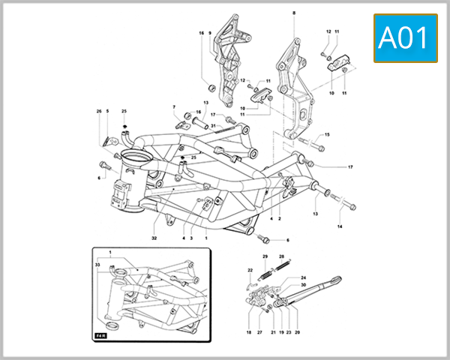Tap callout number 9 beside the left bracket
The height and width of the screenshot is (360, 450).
210,33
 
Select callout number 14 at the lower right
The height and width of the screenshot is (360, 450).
339,226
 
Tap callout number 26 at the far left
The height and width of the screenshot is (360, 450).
98,112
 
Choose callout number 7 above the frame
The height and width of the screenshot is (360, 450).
174,106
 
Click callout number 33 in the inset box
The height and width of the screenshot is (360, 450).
97,265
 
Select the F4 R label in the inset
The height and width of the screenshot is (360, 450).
100,335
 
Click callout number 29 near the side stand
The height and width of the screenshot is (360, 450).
265,256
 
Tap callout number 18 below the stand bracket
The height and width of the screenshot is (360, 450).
248,331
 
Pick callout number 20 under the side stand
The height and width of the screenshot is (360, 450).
297,331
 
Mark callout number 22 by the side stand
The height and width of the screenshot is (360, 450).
250,270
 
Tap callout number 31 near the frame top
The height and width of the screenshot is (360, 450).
213,125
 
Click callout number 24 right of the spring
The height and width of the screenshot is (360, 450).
304,277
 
